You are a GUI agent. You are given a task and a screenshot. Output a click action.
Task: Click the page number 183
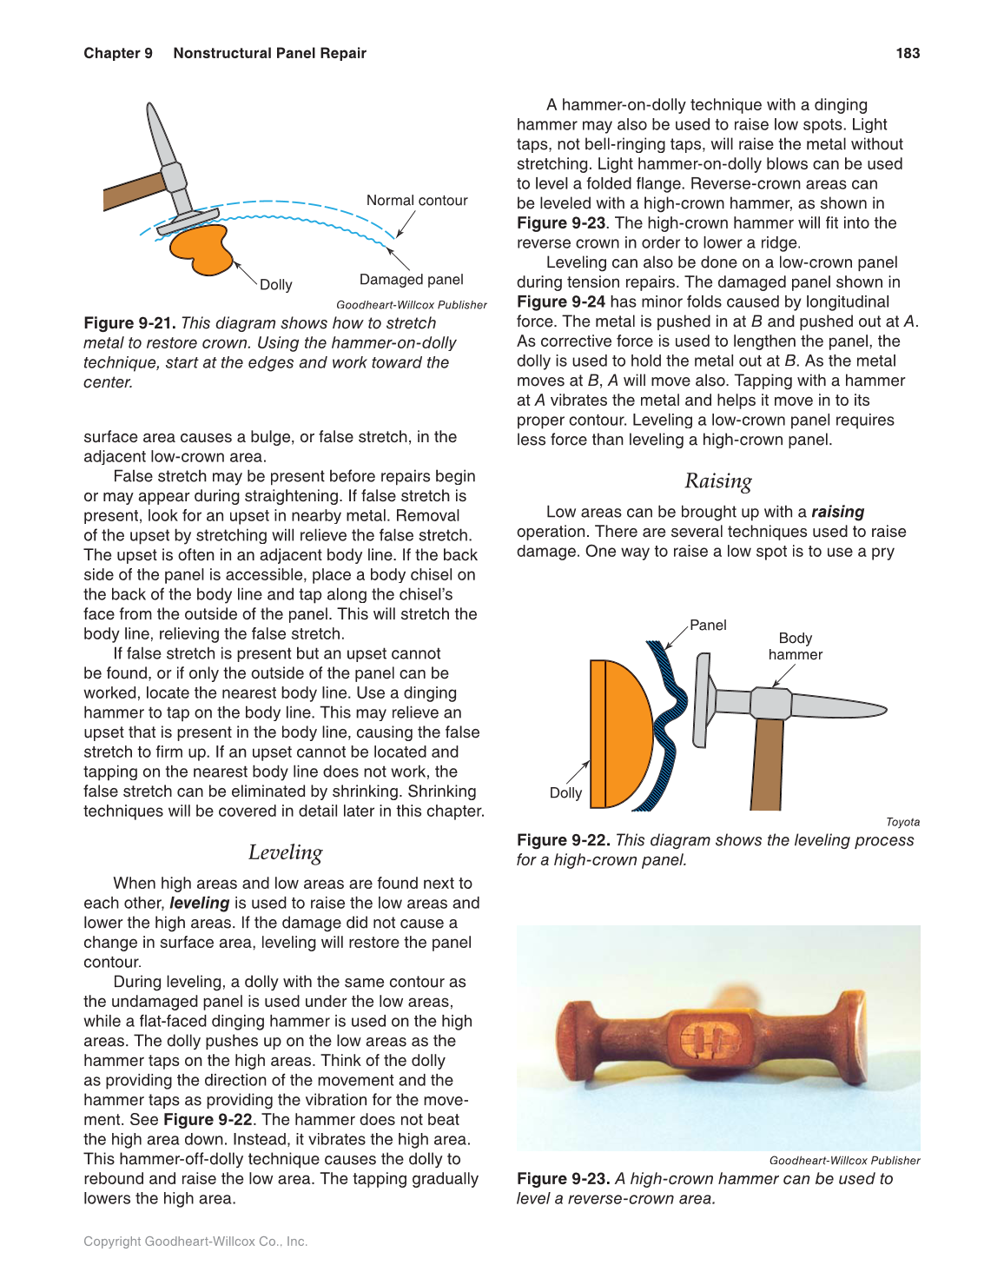[908, 53]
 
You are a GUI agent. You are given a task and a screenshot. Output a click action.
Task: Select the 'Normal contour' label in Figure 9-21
[417, 201]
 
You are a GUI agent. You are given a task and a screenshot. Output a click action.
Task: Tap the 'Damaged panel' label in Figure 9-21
[411, 280]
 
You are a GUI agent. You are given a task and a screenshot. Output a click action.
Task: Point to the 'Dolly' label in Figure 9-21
[276, 285]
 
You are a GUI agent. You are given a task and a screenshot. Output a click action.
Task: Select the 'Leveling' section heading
[285, 853]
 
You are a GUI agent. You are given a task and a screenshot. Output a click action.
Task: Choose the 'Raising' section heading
[717, 481]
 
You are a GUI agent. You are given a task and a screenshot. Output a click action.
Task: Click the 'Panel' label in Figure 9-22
[708, 626]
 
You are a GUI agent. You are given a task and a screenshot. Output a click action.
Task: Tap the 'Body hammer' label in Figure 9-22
[795, 646]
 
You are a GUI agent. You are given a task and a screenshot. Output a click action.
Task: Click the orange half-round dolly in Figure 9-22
[621, 734]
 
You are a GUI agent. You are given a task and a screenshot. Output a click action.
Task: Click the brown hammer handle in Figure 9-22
[767, 765]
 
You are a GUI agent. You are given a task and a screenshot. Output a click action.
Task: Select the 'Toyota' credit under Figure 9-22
[902, 822]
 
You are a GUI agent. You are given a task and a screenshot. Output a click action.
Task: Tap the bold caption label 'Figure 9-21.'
[129, 323]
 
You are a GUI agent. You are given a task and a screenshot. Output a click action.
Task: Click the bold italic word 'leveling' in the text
[199, 904]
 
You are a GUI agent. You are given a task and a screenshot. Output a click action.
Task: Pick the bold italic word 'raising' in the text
[837, 513]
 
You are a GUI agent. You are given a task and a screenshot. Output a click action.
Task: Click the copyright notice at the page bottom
[195, 1242]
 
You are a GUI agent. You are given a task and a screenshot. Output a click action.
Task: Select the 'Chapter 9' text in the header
[118, 53]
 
